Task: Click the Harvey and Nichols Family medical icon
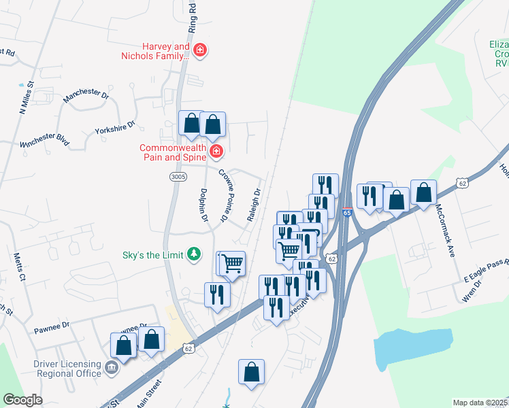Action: tap(200, 50)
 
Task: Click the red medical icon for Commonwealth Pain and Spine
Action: tap(216, 151)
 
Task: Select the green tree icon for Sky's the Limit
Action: tap(195, 254)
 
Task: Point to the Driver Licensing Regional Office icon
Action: tap(110, 369)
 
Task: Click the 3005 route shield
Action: tap(178, 177)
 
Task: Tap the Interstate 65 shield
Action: tap(347, 213)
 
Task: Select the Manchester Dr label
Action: tap(86, 97)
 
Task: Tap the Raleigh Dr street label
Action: tap(255, 205)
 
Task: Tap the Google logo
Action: tap(22, 399)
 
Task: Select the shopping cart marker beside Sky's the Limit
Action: tap(232, 262)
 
